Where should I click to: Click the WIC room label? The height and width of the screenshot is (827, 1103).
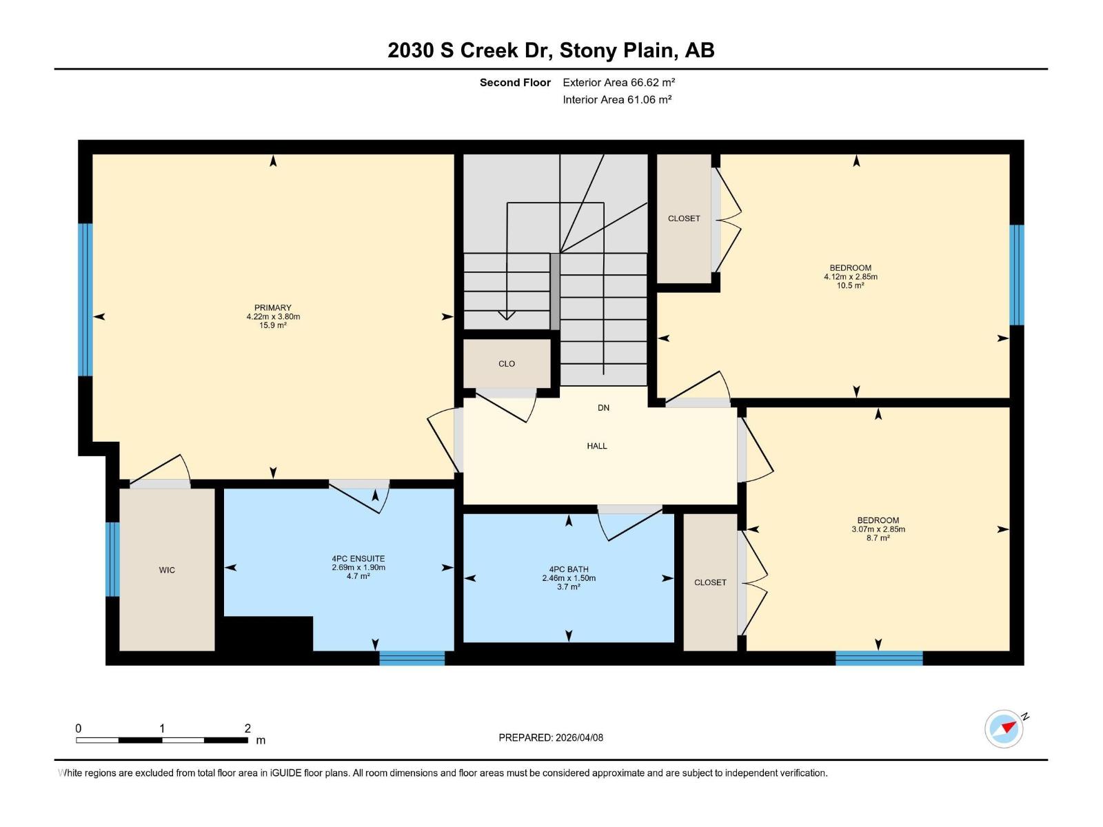tap(167, 570)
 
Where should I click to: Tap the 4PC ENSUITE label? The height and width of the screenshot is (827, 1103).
tap(358, 559)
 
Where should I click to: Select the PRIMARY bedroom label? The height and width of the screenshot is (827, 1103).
tap(273, 308)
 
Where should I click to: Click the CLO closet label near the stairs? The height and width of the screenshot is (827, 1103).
tap(507, 364)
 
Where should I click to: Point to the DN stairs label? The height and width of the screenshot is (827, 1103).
tap(603, 408)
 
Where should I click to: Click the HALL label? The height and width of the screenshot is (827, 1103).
tap(597, 446)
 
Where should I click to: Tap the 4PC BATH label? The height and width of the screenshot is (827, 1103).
tap(569, 570)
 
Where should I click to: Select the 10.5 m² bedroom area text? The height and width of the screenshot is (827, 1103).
tap(850, 285)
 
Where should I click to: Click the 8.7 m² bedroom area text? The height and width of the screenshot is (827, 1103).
tap(878, 538)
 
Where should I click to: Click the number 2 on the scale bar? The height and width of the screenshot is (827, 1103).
tap(247, 728)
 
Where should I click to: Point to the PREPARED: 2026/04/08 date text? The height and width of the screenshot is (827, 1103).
tap(551, 737)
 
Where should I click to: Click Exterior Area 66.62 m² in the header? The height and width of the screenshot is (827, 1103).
tap(618, 83)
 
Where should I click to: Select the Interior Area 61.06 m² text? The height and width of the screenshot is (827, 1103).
tap(617, 99)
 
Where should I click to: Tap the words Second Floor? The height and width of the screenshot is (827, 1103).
tap(515, 83)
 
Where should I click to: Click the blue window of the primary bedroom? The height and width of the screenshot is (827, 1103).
tap(85, 300)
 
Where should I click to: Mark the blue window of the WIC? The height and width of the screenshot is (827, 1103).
tap(112, 559)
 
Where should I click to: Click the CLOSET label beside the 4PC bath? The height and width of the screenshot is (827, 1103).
tap(710, 582)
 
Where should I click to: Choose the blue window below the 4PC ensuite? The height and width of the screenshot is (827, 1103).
tap(412, 658)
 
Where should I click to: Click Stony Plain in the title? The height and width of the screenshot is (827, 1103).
tap(618, 50)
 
